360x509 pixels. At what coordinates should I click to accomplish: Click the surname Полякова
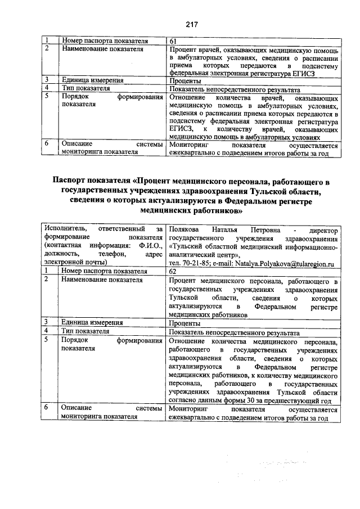(x=184, y=229)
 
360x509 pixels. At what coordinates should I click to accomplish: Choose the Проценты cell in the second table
(x=185, y=323)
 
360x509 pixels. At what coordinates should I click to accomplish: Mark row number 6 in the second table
(x=49, y=408)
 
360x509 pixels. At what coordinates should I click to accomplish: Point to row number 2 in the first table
(x=49, y=49)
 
